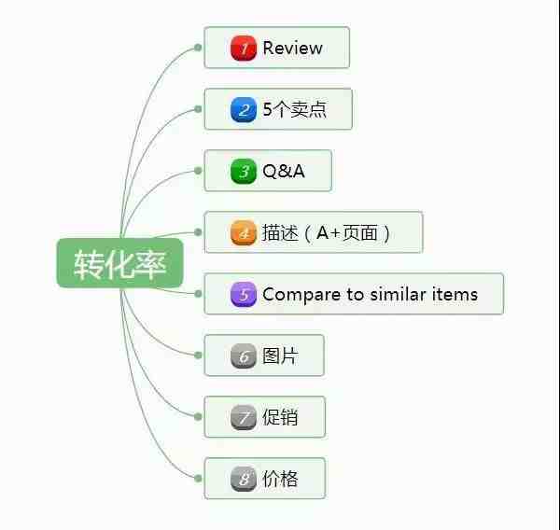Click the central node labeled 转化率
pos(120,263)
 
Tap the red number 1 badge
pos(244,48)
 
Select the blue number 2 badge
pos(244,109)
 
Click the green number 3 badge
pos(244,171)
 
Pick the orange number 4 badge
pos(244,232)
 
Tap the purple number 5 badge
pos(244,294)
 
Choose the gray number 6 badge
pos(244,356)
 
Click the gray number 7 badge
pos(244,417)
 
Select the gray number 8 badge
pos(244,479)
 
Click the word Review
pos(292,48)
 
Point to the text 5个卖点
pos(295,109)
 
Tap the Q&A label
pos(284,171)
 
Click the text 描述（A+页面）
pos(326,232)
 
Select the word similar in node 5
pos(398,294)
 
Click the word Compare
pos(301,295)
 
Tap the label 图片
pos(280,356)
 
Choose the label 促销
pos(280,417)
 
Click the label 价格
pos(280,479)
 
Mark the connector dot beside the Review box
pos(198,48)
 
